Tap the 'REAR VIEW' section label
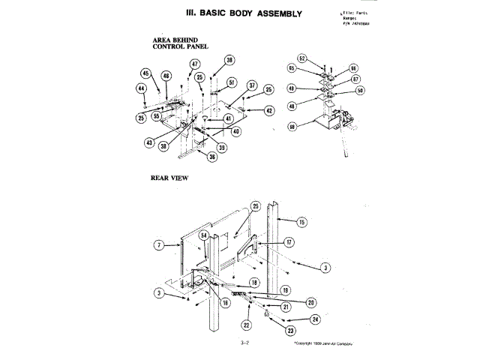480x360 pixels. pos(169,178)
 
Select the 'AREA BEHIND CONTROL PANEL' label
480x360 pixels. pos(179,43)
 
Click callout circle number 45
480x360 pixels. pos(145,73)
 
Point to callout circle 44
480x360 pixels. pos(141,88)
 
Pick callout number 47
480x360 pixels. pos(194,64)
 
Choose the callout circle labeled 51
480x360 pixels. pos(232,82)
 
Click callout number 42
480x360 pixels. pos(268,110)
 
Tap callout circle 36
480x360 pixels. pos(212,157)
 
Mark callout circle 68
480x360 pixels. pos(291,127)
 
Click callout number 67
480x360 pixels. pos(355,79)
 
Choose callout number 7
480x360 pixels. pos(159,244)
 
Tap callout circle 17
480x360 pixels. pos(289,243)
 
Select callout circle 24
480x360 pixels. pos(315,319)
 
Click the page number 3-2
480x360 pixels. pos(244,343)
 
